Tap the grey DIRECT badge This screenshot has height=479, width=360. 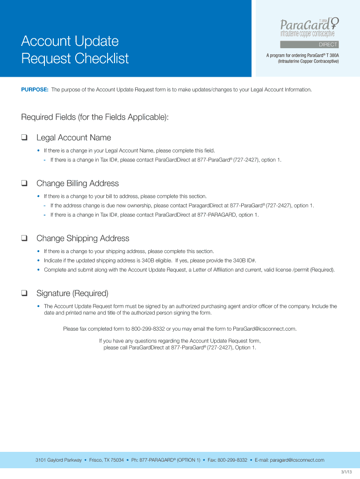coord(309,45)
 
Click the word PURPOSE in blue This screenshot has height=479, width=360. coord(35,89)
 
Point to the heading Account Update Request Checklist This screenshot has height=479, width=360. coord(74,50)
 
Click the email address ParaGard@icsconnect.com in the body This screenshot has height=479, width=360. coord(264,329)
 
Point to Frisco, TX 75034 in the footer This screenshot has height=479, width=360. coord(107,460)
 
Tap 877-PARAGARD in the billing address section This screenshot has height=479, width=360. coord(217,215)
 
